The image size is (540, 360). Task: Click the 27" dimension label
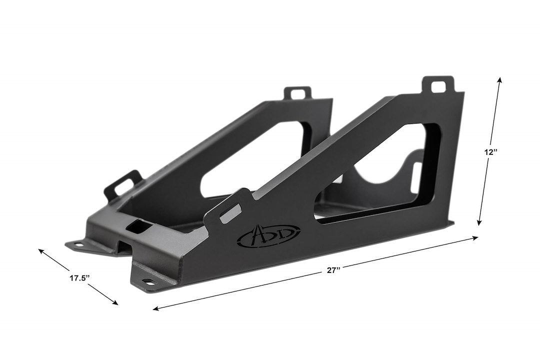point(333,270)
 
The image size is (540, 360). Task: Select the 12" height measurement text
point(490,152)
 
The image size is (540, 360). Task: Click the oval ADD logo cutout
point(268,234)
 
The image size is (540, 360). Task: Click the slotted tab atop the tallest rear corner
point(438,85)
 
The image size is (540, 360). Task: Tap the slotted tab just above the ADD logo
point(229,210)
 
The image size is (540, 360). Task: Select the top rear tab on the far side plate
point(297,93)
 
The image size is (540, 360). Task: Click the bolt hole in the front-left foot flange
point(78,244)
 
